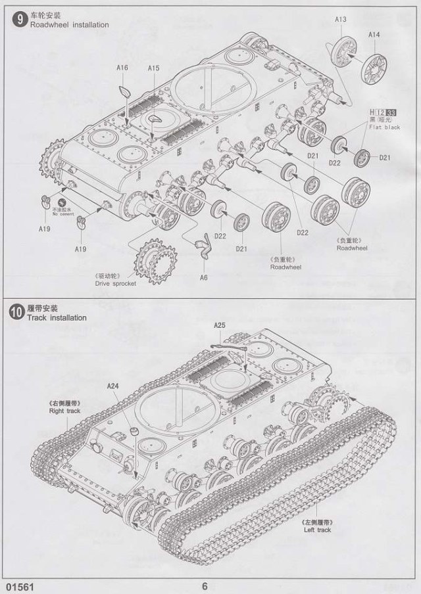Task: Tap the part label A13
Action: click(x=340, y=19)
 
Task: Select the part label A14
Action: click(x=374, y=34)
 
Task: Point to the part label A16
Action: click(x=122, y=68)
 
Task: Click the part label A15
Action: click(x=154, y=68)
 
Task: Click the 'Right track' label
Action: click(x=64, y=411)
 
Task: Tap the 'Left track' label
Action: click(x=318, y=530)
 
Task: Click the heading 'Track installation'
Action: click(x=57, y=317)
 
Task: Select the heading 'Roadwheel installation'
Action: click(x=68, y=25)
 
